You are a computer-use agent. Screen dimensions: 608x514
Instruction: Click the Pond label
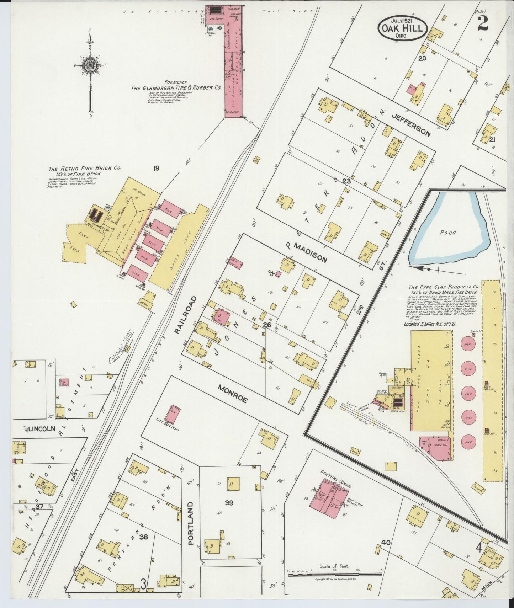tap(447, 232)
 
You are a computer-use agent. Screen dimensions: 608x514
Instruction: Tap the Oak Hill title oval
tap(402, 28)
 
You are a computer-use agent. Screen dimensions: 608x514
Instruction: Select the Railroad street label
tap(184, 314)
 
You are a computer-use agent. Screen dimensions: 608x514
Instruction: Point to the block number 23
tap(346, 181)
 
